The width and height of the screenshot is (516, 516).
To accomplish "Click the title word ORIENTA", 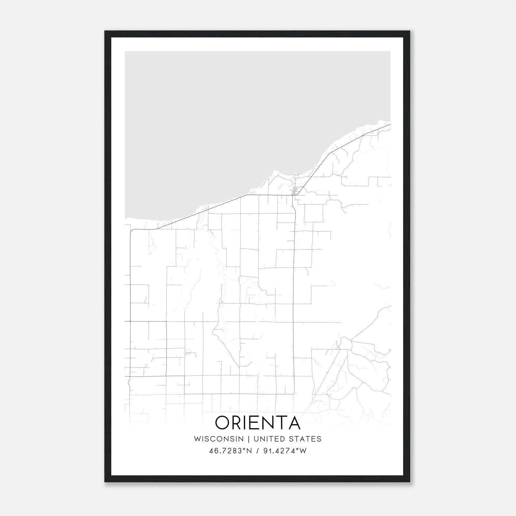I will [258, 422].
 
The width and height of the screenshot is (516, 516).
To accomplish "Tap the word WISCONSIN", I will [219, 439].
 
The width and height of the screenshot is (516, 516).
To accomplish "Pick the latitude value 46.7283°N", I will [230, 451].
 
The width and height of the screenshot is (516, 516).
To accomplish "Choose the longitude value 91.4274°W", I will [285, 451].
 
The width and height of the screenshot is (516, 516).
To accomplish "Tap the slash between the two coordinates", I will [258, 451].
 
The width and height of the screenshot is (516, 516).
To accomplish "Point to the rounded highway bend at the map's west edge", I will [132, 231].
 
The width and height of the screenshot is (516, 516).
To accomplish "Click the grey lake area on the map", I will [226, 123].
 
